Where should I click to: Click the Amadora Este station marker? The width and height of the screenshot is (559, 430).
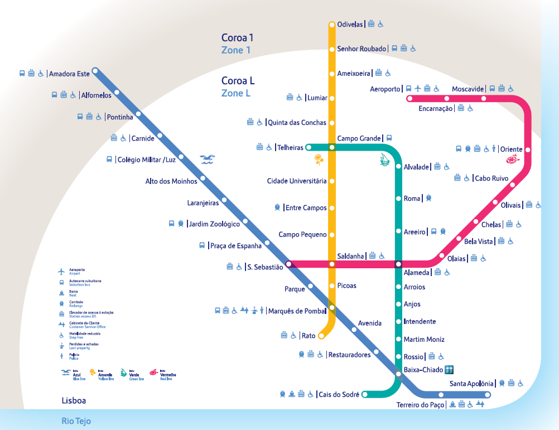(x=95, y=71)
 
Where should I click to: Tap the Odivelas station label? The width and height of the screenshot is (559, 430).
(x=350, y=25)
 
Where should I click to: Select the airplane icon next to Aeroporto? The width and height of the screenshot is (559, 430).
(x=418, y=89)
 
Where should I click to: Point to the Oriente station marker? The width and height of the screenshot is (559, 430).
(x=528, y=149)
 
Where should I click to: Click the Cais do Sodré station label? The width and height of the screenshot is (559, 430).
(x=338, y=394)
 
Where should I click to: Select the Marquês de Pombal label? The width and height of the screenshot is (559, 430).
(x=296, y=311)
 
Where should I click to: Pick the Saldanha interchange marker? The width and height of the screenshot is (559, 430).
(x=332, y=264)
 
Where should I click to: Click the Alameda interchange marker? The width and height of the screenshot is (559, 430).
(x=398, y=264)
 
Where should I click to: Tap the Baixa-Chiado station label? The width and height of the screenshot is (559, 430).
(x=422, y=370)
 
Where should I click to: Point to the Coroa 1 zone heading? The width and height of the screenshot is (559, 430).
(x=237, y=38)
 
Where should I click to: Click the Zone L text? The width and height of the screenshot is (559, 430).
(x=235, y=93)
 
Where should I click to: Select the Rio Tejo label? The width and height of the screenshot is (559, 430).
(x=76, y=422)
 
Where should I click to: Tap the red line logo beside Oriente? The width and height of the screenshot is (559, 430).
(x=512, y=161)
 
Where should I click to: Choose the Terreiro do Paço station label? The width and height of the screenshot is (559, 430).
(x=420, y=405)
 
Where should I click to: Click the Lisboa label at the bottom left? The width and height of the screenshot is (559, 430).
(x=74, y=400)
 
